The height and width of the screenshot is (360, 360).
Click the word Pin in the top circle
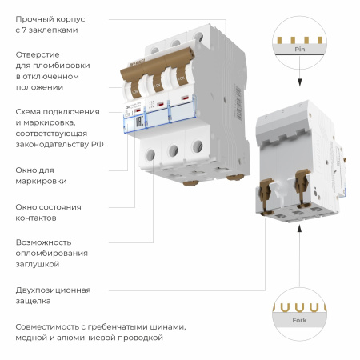click(x=299, y=49)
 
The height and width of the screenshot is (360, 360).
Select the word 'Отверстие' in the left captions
click(x=36, y=54)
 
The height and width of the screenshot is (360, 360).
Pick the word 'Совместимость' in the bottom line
click(x=50, y=326)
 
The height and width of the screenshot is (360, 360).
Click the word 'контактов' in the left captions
click(x=36, y=217)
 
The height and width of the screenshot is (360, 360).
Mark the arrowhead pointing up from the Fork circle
click(x=299, y=230)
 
